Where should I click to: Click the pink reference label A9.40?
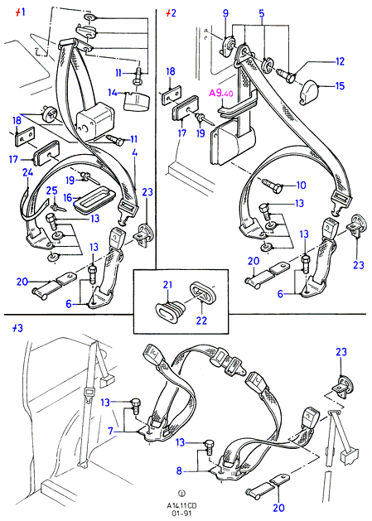[220, 93]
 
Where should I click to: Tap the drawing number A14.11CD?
[181, 505]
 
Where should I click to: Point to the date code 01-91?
[181, 513]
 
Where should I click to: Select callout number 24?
[28, 172]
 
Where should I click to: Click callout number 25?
[51, 191]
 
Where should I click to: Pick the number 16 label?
[67, 198]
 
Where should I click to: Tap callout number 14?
[113, 93]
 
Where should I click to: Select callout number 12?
[340, 61]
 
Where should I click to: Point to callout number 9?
[225, 13]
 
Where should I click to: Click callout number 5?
[262, 13]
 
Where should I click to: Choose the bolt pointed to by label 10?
[272, 185]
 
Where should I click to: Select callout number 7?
[111, 432]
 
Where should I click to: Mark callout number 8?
[180, 470]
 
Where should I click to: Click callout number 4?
[135, 154]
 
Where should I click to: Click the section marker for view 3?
[17, 328]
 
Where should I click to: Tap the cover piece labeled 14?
[137, 101]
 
